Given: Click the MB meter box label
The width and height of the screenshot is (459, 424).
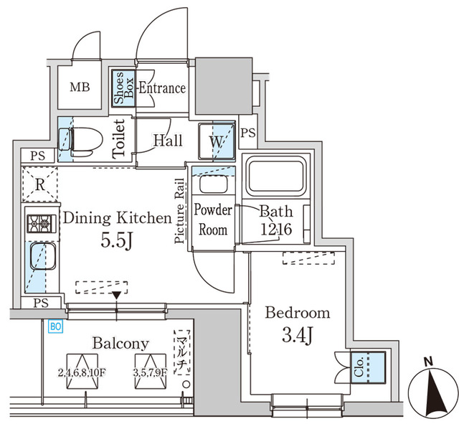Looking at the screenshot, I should [80, 88].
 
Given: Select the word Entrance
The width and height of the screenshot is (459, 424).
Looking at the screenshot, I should [161, 88].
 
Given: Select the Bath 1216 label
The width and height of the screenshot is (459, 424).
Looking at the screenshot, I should [276, 220].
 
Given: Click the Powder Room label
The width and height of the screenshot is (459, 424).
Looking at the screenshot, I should [213, 220].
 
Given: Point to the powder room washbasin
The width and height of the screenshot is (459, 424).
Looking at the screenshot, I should [212, 184].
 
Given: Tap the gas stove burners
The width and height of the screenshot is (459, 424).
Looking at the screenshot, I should [40, 225].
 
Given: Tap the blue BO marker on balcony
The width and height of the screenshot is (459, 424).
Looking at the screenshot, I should [54, 325].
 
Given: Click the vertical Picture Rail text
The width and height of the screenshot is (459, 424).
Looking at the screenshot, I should [181, 212].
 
